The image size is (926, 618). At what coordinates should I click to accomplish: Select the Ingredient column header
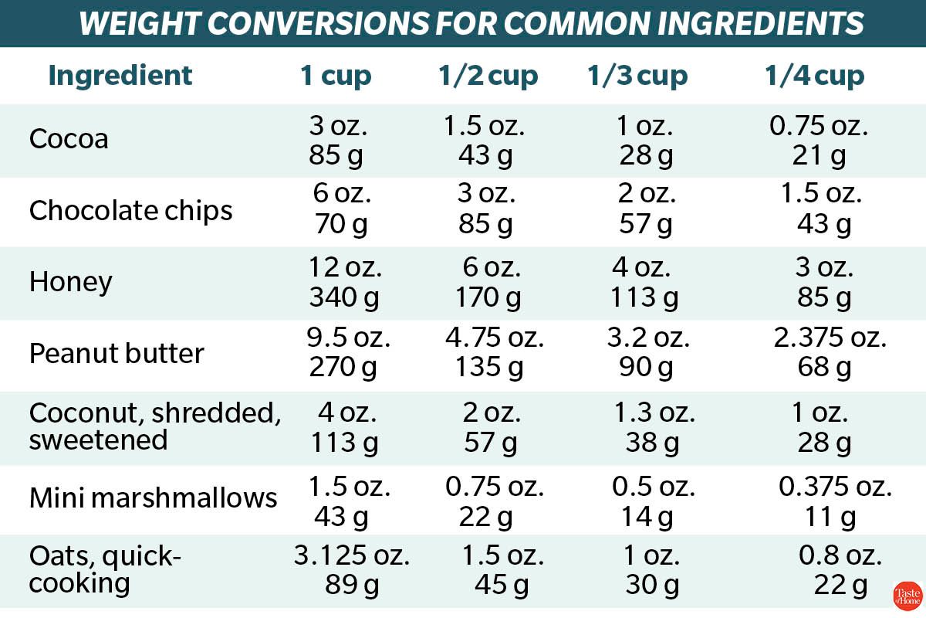click(120, 76)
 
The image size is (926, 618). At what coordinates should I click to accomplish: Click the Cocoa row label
click(69, 140)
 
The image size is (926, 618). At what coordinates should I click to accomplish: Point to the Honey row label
click(70, 282)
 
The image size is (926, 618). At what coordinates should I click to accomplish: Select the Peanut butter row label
click(117, 354)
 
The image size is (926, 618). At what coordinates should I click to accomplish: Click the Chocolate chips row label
click(130, 211)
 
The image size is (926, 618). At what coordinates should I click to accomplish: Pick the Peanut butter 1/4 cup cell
click(830, 354)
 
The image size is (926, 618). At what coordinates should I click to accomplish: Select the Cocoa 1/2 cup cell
click(484, 140)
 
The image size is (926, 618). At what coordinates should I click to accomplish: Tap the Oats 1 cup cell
click(351, 570)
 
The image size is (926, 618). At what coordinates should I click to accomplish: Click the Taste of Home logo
click(907, 596)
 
